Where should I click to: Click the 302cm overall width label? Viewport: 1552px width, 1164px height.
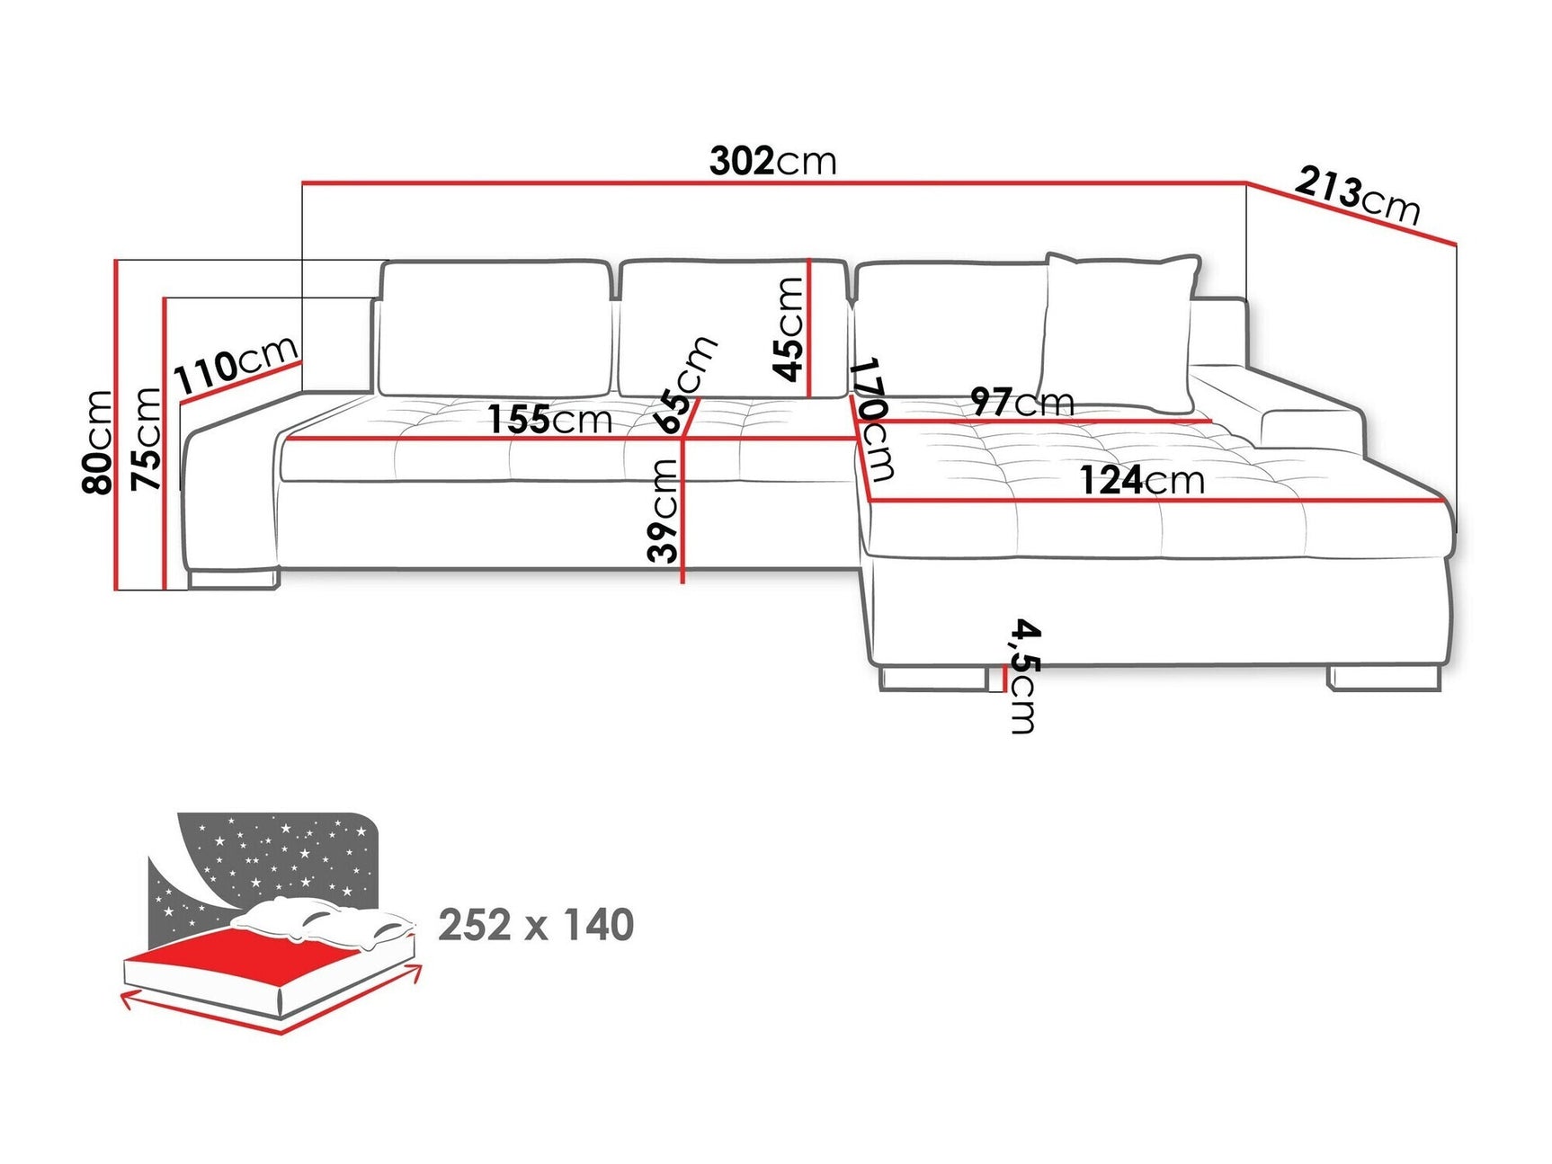(772, 161)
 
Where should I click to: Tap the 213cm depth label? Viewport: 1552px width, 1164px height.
(1357, 196)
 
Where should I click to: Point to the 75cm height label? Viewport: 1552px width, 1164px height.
(146, 439)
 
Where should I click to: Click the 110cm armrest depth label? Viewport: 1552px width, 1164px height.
(236, 364)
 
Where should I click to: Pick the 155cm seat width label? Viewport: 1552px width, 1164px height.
(549, 419)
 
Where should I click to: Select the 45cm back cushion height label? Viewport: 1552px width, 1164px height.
(789, 329)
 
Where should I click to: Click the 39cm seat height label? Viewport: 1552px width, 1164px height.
(663, 510)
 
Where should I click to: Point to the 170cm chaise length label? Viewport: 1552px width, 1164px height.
(871, 420)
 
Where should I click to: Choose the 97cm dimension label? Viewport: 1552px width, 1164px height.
(1022, 402)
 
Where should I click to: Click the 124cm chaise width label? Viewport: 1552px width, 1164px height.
(1141, 480)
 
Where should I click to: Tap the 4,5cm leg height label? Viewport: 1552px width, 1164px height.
(1024, 675)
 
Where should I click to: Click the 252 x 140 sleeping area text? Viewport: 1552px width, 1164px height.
(536, 925)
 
